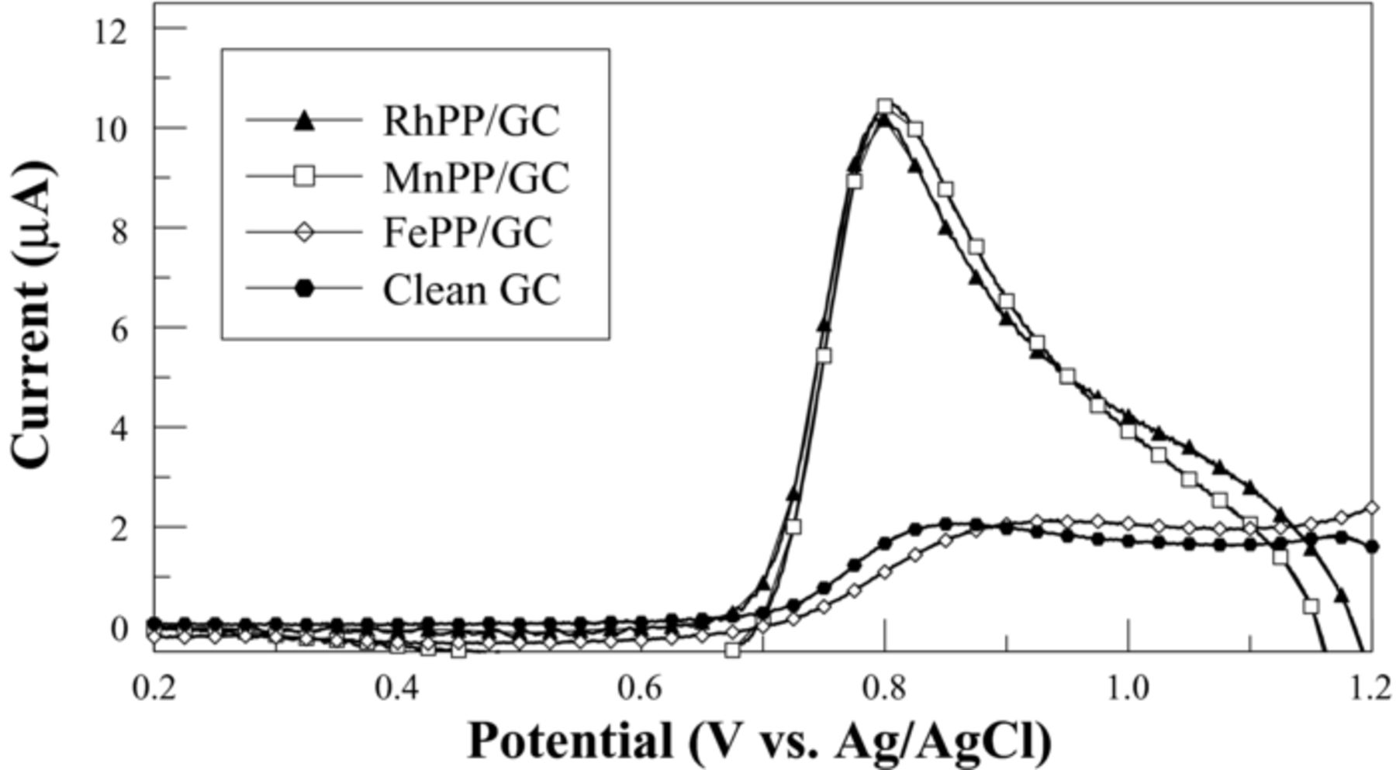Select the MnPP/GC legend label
click(x=475, y=177)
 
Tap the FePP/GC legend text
click(x=467, y=232)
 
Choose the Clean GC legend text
click(x=471, y=290)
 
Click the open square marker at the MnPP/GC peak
click(x=885, y=105)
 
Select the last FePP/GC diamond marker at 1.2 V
click(x=1372, y=507)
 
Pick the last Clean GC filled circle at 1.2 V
click(x=1372, y=547)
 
